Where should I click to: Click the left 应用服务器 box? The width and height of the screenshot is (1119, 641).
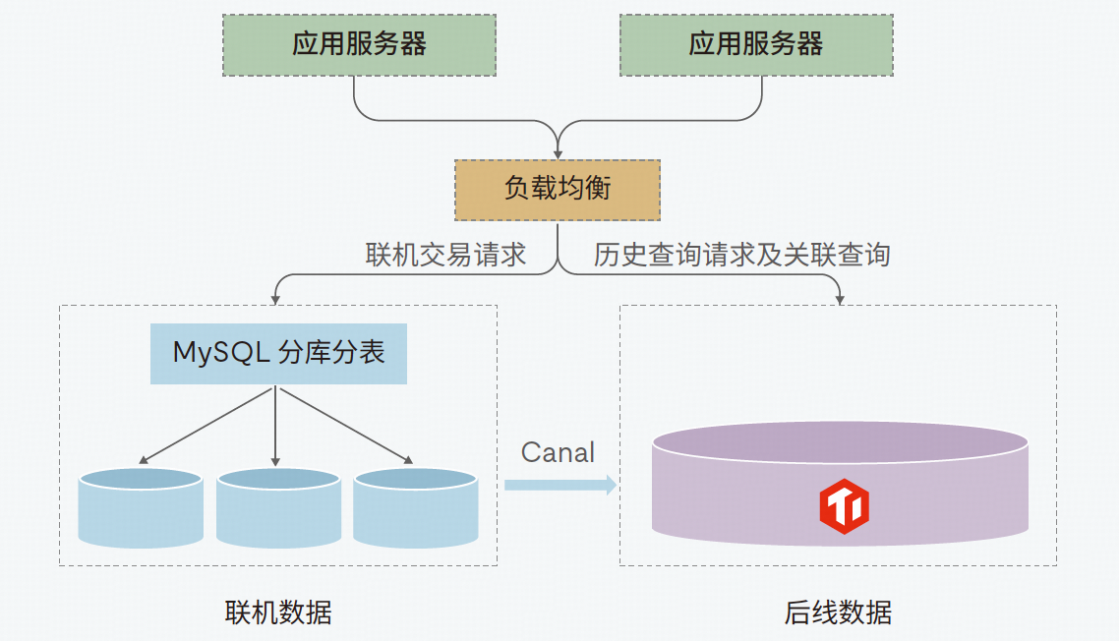359,44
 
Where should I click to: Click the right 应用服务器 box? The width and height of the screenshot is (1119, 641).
755,44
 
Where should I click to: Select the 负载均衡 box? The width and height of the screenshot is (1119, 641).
557,190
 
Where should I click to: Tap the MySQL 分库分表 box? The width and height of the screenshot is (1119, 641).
278,353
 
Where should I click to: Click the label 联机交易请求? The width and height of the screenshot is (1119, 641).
445,256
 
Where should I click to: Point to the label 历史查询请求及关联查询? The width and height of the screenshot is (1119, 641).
741,256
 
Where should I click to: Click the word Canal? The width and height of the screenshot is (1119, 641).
558,452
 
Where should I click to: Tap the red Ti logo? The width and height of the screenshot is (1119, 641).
844,506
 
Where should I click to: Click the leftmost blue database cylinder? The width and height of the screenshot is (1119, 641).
141,509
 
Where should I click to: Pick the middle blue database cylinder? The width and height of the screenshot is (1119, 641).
277,509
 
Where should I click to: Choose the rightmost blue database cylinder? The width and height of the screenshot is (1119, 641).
415,509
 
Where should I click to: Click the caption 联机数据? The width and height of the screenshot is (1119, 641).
278,613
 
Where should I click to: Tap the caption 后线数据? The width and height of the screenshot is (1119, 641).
838,613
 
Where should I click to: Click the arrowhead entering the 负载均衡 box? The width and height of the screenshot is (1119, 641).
558,152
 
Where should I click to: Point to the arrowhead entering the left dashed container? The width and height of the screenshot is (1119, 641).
276,298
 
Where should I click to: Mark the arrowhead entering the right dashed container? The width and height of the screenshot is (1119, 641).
839,298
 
